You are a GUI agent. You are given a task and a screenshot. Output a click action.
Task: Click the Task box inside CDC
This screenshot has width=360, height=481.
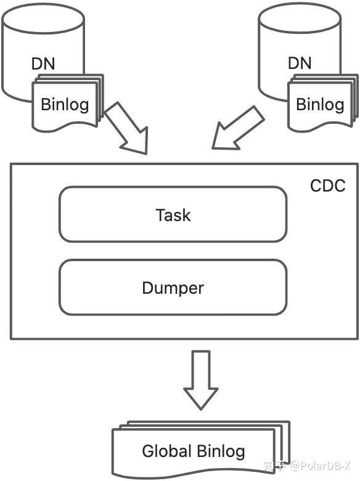(x=173, y=214)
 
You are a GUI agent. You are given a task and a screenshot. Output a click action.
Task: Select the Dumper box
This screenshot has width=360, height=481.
(x=173, y=287)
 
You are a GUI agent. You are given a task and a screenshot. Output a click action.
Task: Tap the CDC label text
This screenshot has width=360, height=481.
(x=328, y=185)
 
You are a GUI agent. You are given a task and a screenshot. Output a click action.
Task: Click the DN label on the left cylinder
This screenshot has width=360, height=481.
(x=43, y=63)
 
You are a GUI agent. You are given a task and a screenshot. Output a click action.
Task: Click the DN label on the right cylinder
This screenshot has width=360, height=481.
(x=300, y=63)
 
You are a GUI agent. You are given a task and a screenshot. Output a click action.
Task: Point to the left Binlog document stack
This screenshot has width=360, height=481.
(x=68, y=103)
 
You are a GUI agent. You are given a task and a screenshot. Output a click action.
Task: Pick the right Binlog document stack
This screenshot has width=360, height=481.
(x=323, y=103)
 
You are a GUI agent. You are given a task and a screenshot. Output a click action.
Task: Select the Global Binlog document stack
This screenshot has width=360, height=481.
(x=201, y=449)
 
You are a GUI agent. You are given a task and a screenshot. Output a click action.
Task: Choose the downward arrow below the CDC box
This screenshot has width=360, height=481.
(x=201, y=380)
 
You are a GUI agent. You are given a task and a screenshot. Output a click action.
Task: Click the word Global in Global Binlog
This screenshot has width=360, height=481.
(x=167, y=451)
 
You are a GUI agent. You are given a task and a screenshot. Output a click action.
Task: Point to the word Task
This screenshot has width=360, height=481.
(x=173, y=215)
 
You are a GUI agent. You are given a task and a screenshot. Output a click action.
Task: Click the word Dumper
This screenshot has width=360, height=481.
(x=173, y=288)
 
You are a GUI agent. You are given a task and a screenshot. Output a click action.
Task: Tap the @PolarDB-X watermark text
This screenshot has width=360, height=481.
(x=320, y=466)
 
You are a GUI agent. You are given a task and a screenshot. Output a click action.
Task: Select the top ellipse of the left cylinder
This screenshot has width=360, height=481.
(x=43, y=18)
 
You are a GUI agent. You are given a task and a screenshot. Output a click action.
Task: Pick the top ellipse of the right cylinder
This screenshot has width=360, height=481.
(x=300, y=18)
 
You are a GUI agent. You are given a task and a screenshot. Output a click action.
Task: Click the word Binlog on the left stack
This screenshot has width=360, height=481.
(x=65, y=105)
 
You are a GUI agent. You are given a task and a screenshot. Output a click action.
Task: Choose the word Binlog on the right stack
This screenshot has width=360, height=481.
(x=320, y=105)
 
